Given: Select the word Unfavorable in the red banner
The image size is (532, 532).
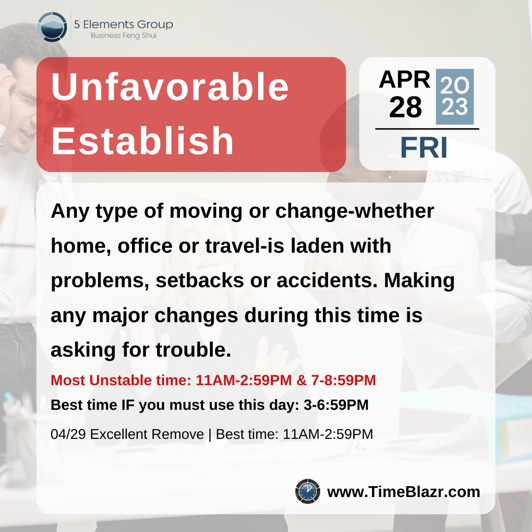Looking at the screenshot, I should [170, 88].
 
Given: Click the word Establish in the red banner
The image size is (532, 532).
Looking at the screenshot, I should [143, 141].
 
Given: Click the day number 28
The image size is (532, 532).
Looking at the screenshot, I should [405, 107].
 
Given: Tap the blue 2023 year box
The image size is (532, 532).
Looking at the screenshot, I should [455, 97].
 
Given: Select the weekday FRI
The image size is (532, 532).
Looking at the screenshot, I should [424, 148].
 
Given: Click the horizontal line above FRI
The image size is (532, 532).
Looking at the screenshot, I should [427, 129].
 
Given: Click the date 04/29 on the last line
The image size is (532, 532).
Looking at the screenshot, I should [68, 434].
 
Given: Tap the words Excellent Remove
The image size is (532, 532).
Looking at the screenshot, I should [147, 434].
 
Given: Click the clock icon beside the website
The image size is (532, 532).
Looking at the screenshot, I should [308, 491].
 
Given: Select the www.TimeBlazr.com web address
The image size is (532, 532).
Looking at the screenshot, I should [403, 492].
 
